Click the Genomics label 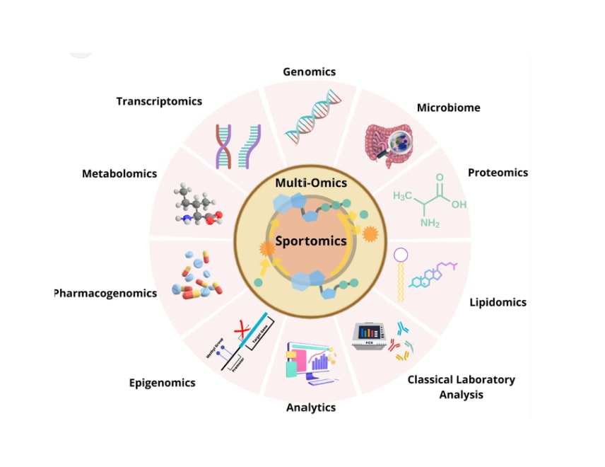click(x=309, y=71)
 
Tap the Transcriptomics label click(x=159, y=101)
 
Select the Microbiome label click(x=448, y=108)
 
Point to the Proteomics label click(x=498, y=173)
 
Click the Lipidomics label click(x=498, y=302)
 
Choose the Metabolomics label click(x=119, y=173)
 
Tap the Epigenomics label click(x=162, y=383)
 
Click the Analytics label click(x=310, y=408)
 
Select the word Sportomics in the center click(x=310, y=241)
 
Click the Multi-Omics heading click(x=311, y=183)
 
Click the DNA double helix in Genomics click(x=311, y=117)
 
